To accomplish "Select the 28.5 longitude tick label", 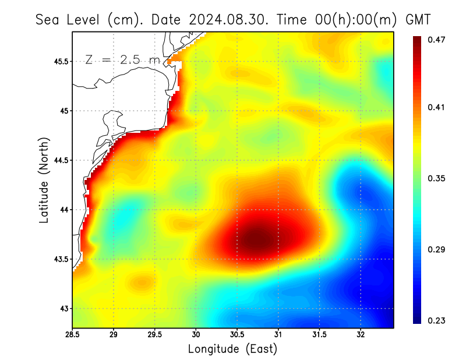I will [73, 335].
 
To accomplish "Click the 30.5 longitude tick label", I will [238, 335].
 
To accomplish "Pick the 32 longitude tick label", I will [361, 335].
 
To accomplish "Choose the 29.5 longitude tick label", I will [155, 335].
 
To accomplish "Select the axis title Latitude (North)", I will [44, 179].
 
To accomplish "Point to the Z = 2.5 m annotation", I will [122, 59].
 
